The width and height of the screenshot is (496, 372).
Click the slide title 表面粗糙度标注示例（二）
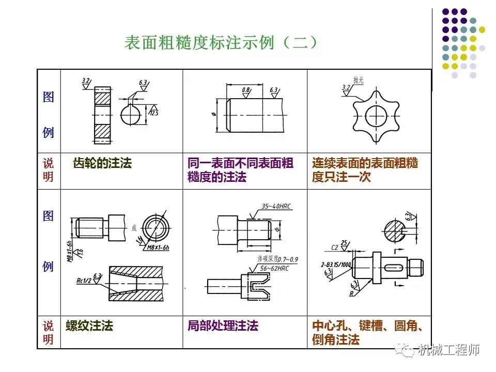221,43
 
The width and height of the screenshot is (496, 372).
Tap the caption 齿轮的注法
103,164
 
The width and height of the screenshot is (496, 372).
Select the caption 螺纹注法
89,326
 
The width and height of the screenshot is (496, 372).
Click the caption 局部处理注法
223,326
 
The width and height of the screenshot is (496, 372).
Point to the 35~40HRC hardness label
276,206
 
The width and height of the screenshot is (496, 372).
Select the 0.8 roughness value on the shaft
245,90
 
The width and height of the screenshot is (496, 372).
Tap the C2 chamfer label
334,247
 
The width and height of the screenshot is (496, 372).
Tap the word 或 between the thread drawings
134,227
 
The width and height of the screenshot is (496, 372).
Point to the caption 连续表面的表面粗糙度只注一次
365,170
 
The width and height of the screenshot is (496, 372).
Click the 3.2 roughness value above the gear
86,81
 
